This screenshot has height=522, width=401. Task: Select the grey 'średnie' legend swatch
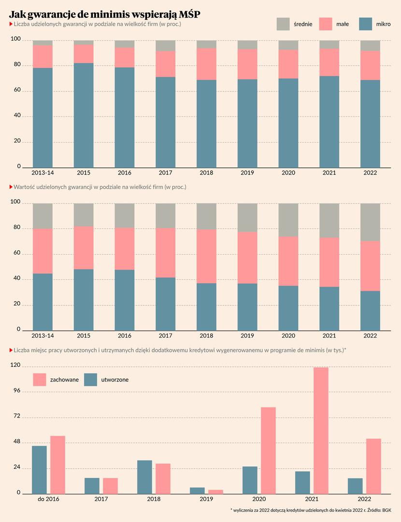283,24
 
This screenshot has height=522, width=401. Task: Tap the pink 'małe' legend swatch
326,24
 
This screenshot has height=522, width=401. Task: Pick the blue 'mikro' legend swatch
366,24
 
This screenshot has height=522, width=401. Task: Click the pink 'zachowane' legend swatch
39,379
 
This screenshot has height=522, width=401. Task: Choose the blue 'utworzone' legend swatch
90,379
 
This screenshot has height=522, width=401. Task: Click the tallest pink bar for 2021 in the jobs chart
321,430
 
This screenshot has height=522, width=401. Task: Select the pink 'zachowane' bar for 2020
268,450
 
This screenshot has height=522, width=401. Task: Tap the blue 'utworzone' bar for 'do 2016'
39,469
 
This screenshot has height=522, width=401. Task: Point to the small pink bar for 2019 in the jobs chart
216,492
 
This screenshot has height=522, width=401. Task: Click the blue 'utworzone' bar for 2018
144,477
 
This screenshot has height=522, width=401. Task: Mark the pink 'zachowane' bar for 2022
373,466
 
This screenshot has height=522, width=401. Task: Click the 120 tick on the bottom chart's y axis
15,366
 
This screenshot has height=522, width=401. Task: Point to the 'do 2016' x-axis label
48,499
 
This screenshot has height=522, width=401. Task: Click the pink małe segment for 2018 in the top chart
206,64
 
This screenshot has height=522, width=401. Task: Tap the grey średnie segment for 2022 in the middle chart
370,222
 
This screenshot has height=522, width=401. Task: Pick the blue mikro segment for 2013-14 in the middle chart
43,302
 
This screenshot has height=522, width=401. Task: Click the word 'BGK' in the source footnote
387,510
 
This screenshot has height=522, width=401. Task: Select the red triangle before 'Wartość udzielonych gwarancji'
11,187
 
